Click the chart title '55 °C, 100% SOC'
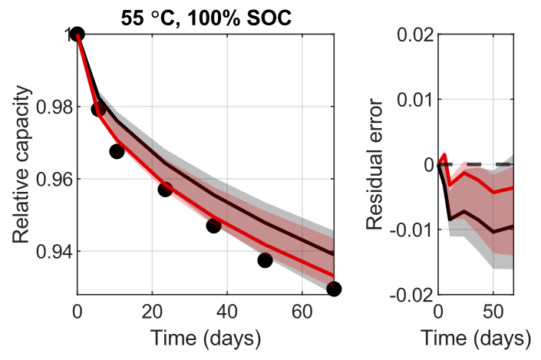pyautogui.click(x=206, y=17)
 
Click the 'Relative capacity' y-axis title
pyautogui.click(x=23, y=163)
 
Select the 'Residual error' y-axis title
pyautogui.click(x=374, y=163)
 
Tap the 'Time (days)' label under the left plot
pyautogui.click(x=206, y=338)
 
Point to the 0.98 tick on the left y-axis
pyautogui.click(x=51, y=107)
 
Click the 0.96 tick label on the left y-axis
pyautogui.click(x=51, y=179)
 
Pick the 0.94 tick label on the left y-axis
pyautogui.click(x=51, y=252)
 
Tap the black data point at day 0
pyautogui.click(x=77, y=34)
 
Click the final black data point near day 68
pyautogui.click(x=334, y=289)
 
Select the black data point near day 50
pyautogui.click(x=265, y=260)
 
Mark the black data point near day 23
pyautogui.click(x=165, y=190)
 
